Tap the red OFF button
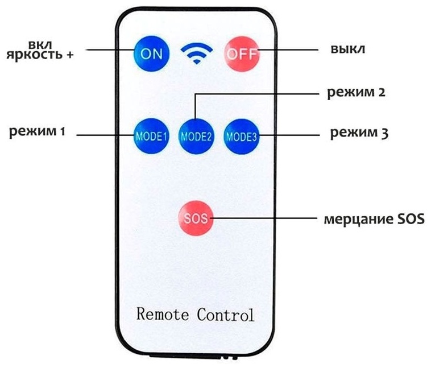[x=242, y=54]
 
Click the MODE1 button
[x=151, y=136]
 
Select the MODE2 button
[x=196, y=137]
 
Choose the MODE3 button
[x=242, y=137]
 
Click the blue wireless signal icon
[x=197, y=53]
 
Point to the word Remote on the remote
[x=163, y=314]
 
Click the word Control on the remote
[x=225, y=315]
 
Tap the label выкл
[x=348, y=49]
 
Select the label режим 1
[x=37, y=131]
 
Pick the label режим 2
[x=356, y=92]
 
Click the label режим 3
[x=359, y=133]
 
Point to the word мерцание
[x=358, y=220]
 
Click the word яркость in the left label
[x=34, y=55]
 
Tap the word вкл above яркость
[x=40, y=45]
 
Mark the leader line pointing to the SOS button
[x=263, y=218]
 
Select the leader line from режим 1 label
[x=106, y=135]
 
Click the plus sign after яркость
[x=70, y=55]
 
